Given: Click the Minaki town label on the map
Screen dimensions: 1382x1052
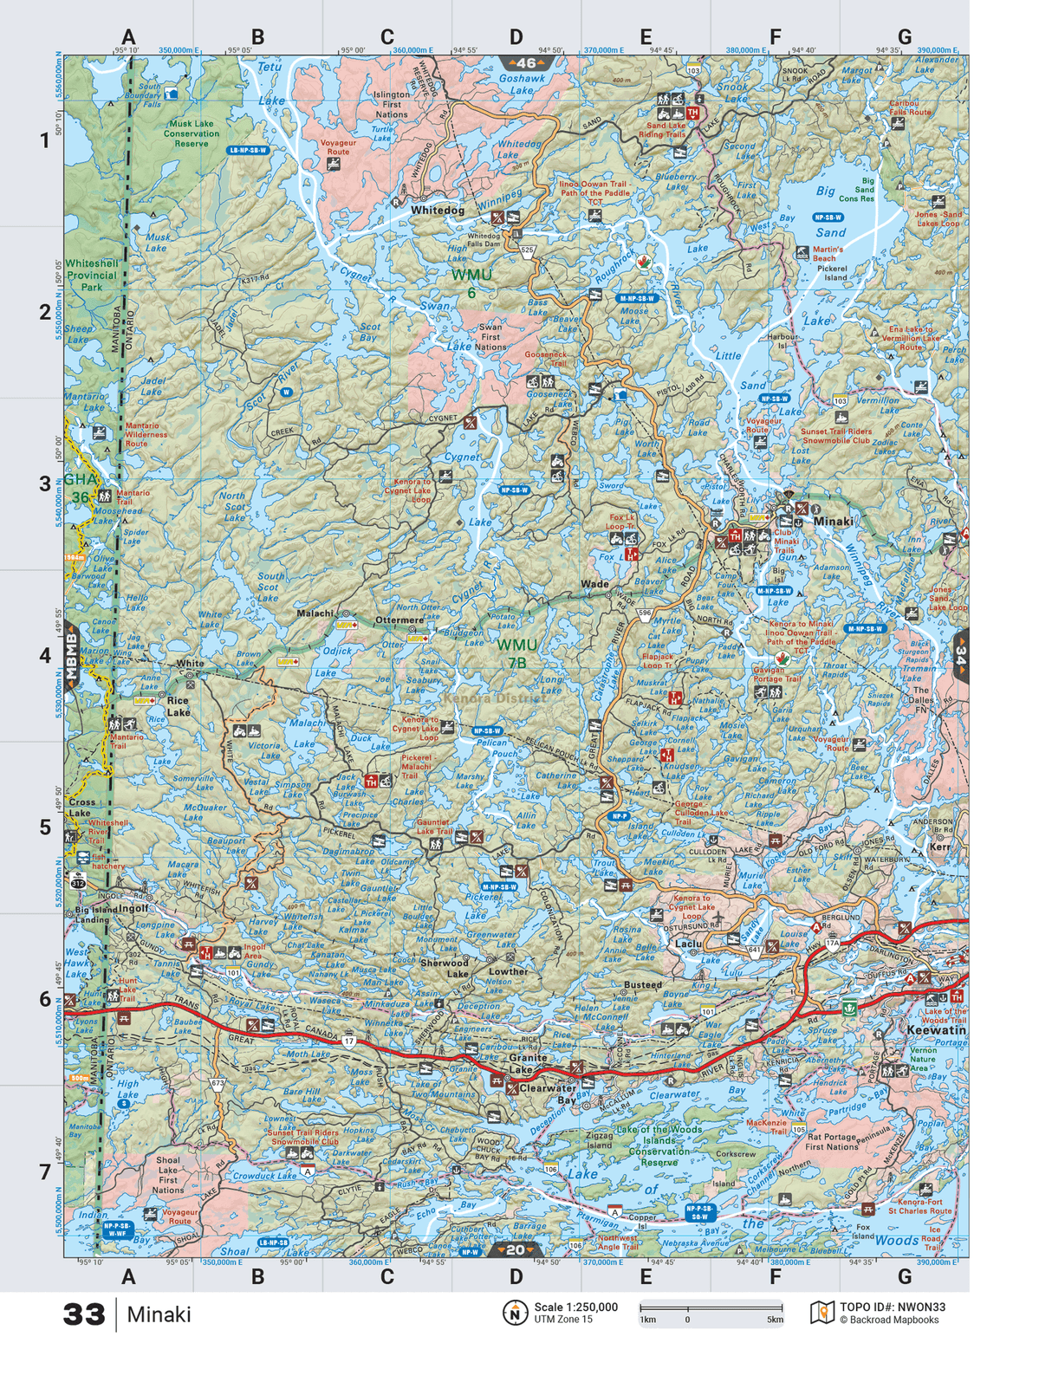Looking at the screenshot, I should [x=833, y=522].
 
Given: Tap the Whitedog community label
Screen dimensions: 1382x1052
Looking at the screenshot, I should [x=438, y=211].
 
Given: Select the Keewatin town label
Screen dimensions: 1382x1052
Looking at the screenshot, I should [x=936, y=1030].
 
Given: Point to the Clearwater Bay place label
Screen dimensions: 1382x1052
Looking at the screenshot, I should [x=548, y=1093].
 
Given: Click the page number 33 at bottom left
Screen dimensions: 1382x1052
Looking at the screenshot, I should [x=84, y=1314].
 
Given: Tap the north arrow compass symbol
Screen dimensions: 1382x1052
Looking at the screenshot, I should [x=515, y=1313].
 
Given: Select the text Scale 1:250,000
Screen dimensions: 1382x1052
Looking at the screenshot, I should [x=575, y=1307].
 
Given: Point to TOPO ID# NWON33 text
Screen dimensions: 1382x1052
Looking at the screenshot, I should [x=892, y=1307].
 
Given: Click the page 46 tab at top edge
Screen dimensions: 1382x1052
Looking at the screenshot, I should [x=526, y=63].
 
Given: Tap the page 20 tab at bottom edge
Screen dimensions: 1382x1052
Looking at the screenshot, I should [x=515, y=1249].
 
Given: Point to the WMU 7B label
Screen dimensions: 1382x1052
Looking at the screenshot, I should [x=516, y=653].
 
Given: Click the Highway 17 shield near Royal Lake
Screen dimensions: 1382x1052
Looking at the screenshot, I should [x=348, y=1040].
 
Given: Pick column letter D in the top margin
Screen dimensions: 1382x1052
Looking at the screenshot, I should [x=516, y=37].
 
